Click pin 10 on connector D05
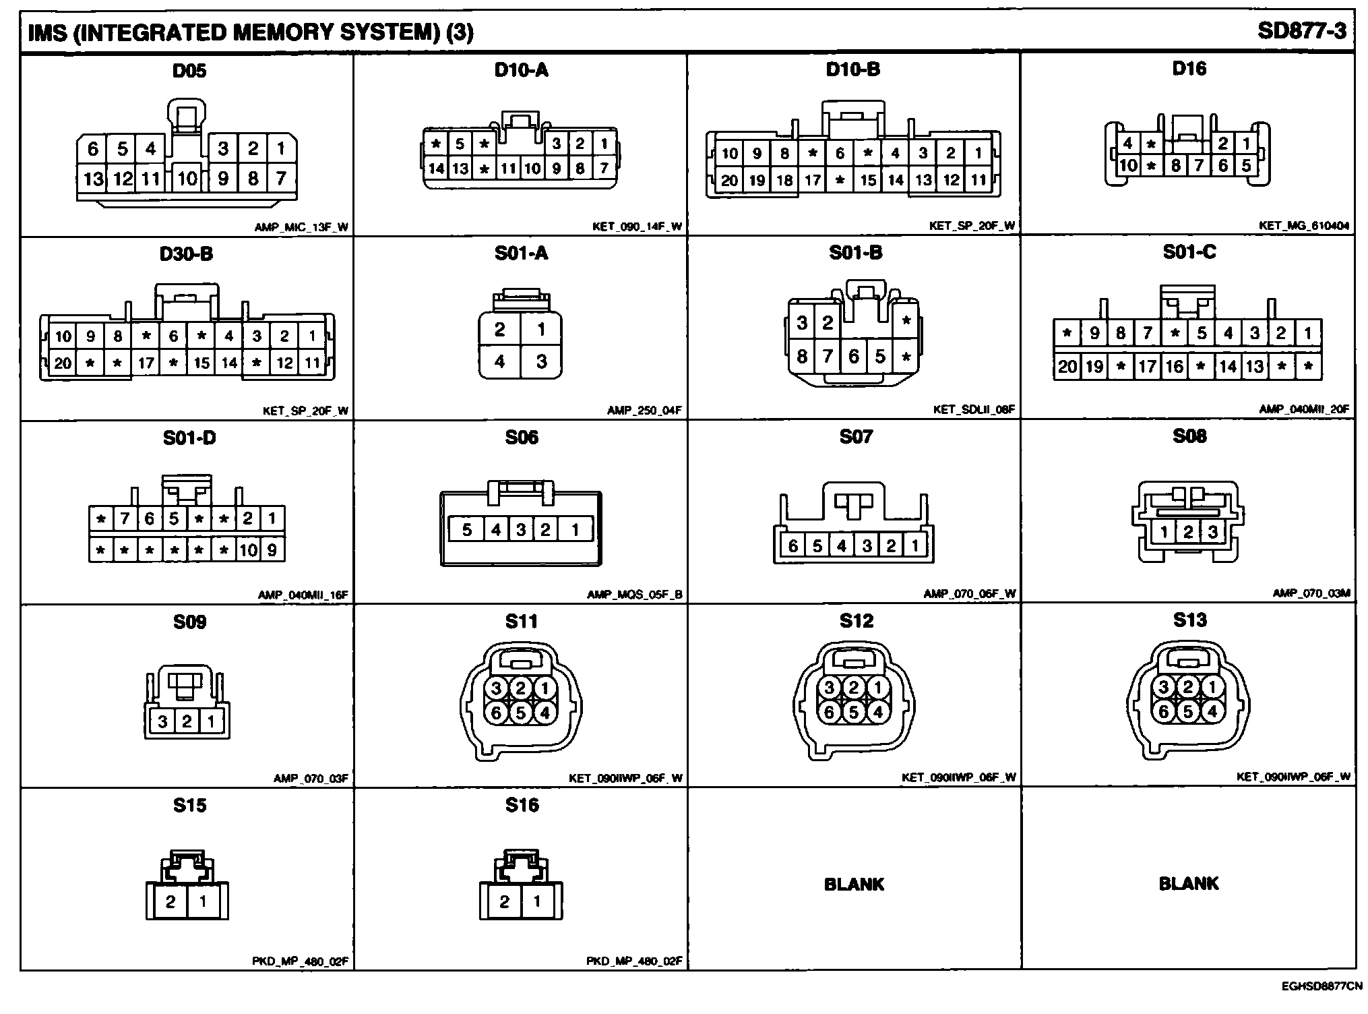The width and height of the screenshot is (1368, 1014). [187, 179]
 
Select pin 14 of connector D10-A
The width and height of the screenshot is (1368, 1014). [436, 168]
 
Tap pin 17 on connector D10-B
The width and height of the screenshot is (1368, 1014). [813, 180]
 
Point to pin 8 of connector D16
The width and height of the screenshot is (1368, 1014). [1175, 165]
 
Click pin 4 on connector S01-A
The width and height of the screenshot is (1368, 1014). [499, 362]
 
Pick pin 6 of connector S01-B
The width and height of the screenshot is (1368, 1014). [853, 356]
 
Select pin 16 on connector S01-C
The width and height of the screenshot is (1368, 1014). [1174, 367]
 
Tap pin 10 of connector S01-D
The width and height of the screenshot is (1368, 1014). [248, 550]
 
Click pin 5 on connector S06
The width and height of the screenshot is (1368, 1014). [466, 530]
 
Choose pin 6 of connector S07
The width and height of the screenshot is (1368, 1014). [792, 545]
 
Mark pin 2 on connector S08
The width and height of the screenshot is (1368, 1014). [1187, 533]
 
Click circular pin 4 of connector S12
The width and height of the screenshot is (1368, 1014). [877, 712]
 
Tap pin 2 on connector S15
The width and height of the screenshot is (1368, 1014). [170, 901]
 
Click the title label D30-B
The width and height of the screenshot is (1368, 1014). [186, 254]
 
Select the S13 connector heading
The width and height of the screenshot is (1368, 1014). [1189, 620]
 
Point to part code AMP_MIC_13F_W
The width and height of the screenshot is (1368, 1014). [301, 227]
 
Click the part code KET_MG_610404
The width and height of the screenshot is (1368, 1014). [1304, 226]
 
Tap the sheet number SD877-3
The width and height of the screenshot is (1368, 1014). [1301, 32]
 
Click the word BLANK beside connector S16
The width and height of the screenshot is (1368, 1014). [854, 884]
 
